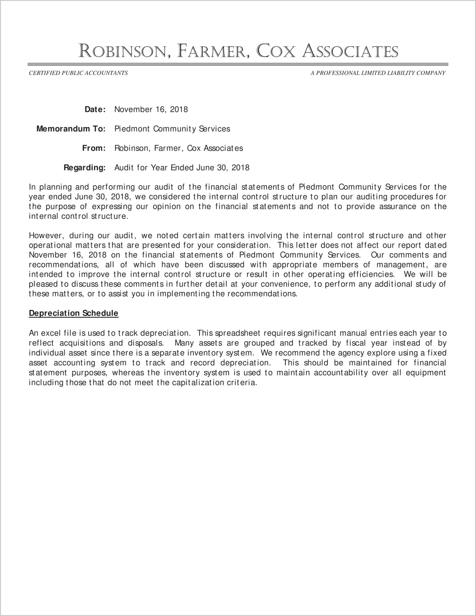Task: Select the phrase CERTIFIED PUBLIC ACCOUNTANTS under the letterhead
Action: point(78,73)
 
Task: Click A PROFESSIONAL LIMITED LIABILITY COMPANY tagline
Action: point(378,73)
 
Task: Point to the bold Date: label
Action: point(95,109)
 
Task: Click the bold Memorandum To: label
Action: point(71,129)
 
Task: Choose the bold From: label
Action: point(94,148)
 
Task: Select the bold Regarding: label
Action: point(84,168)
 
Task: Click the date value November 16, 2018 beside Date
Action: point(151,109)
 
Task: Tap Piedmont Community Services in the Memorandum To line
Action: point(172,129)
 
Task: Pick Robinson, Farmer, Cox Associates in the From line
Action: point(178,148)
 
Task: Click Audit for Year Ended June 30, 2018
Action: point(182,168)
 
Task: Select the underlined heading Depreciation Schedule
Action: point(74,313)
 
